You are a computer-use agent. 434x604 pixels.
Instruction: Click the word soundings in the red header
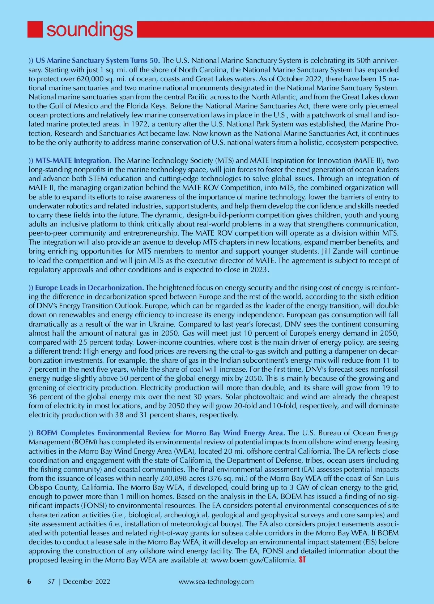click(x=89, y=30)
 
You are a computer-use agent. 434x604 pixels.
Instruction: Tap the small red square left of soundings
click(x=35, y=30)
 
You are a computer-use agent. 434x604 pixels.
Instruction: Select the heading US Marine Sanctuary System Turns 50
click(x=98, y=60)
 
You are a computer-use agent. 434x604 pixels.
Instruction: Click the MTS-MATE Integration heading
click(x=73, y=160)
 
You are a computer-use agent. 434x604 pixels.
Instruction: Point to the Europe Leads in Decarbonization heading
click(x=89, y=288)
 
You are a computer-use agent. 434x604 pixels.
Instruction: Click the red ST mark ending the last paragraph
click(x=302, y=560)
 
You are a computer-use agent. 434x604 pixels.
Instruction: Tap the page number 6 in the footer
click(x=29, y=582)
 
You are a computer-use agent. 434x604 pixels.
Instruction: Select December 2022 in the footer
click(x=86, y=582)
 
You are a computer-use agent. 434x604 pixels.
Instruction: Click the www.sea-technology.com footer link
click(x=216, y=582)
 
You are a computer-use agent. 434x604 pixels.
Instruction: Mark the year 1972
click(x=140, y=124)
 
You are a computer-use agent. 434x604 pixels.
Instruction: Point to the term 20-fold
click(x=246, y=406)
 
